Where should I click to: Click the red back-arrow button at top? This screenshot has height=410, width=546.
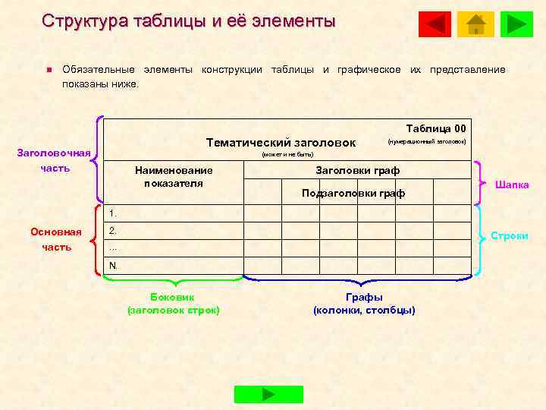click(x=435, y=24)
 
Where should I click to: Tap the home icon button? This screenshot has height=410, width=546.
click(x=476, y=24)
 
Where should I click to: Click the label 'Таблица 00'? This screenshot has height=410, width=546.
click(x=436, y=128)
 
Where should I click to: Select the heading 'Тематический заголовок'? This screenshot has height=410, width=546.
click(x=281, y=143)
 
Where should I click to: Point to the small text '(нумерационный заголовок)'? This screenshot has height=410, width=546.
click(x=426, y=142)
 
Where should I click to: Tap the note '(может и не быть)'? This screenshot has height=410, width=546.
click(x=287, y=154)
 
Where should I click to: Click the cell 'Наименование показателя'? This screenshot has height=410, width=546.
click(x=174, y=177)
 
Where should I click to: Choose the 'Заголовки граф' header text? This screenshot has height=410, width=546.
click(x=357, y=170)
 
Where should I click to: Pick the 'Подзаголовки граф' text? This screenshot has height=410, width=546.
click(x=353, y=194)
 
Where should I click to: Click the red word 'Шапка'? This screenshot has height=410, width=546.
click(x=512, y=184)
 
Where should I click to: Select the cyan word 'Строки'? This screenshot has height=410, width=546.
click(x=510, y=236)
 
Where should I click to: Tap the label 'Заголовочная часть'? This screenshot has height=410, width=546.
click(x=54, y=160)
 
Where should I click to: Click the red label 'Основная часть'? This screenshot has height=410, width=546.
click(x=56, y=239)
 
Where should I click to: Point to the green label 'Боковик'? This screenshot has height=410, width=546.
click(x=174, y=297)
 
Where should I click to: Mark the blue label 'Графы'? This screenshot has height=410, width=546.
click(x=364, y=297)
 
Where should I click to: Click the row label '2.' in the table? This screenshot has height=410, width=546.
click(x=113, y=229)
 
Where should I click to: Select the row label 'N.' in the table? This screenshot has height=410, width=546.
click(x=113, y=265)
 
